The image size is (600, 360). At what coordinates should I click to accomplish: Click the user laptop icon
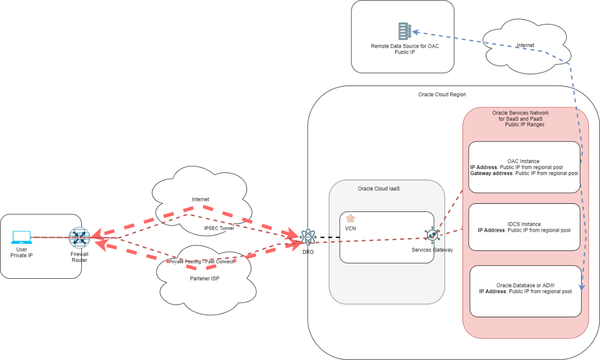(x=21, y=237)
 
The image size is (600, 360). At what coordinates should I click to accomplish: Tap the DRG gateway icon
(x=308, y=237)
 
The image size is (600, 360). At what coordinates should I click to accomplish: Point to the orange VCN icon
(x=350, y=218)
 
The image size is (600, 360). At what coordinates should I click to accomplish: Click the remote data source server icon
(x=405, y=31)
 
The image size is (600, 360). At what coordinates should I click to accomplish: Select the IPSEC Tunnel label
(x=219, y=228)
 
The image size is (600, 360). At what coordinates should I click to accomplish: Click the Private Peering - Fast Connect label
(x=201, y=261)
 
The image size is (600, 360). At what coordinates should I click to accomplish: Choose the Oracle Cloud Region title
(x=442, y=95)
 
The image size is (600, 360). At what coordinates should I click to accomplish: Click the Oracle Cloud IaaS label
(x=379, y=189)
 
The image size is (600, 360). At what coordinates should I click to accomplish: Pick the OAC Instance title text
(x=523, y=161)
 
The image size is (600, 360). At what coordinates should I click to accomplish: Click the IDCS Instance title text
(x=524, y=224)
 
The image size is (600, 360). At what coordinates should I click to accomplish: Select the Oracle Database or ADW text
(x=525, y=286)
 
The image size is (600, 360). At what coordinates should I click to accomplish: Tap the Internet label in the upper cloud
(x=525, y=46)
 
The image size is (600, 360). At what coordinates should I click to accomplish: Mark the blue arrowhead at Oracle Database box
(x=582, y=287)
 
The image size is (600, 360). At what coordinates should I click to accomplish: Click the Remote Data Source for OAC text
(x=404, y=47)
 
